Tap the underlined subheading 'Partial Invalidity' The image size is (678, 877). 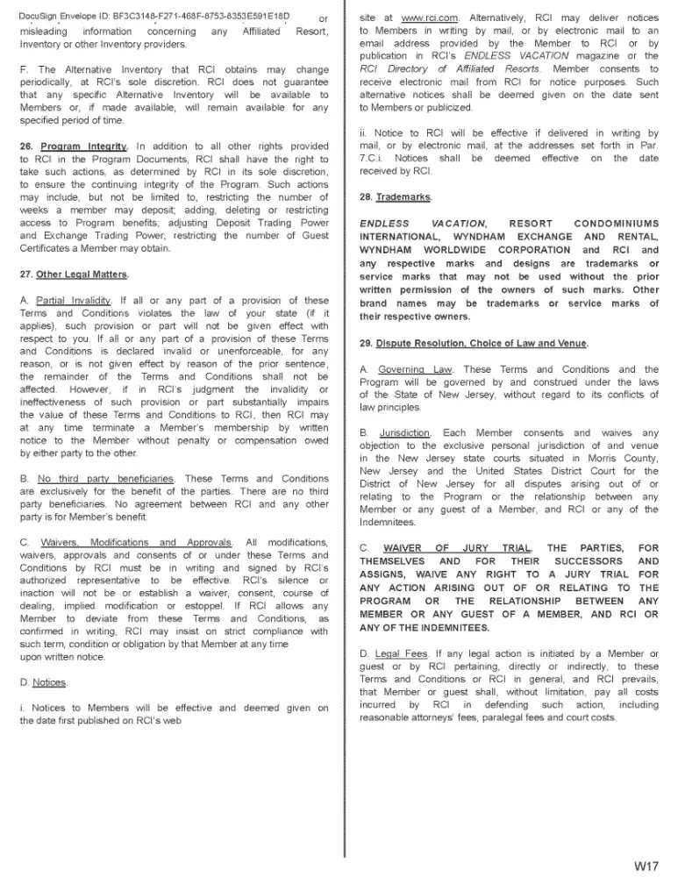pyautogui.click(x=75, y=301)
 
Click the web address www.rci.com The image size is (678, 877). pyautogui.click(x=418, y=17)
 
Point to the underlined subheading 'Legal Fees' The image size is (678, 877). pyautogui.click(x=403, y=653)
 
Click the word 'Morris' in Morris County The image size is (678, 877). pyautogui.click(x=569, y=458)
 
